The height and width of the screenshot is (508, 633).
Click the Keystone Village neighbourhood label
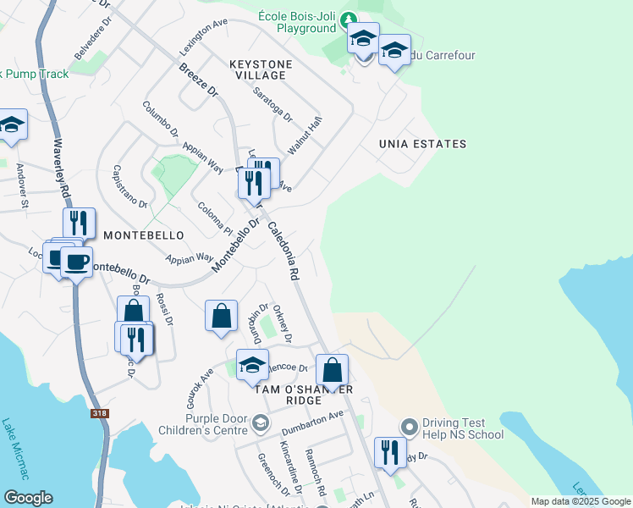[261, 69]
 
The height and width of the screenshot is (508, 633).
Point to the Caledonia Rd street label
[283, 251]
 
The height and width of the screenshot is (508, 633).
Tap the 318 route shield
[100, 413]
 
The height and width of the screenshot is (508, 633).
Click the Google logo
[28, 498]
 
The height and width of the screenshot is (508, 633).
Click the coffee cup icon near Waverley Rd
[76, 262]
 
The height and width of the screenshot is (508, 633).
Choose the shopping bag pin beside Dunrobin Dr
[221, 317]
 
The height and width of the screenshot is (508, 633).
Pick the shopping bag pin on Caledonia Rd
[333, 369]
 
